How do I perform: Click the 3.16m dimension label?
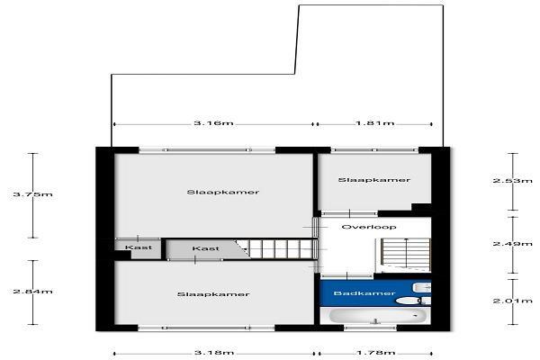click(213, 123)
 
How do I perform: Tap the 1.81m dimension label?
click(375, 123)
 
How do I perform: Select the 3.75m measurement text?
click(32, 194)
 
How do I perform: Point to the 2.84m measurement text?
click(32, 292)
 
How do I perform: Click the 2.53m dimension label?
click(512, 180)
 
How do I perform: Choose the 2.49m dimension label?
click(512, 244)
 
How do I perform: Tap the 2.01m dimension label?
click(512, 301)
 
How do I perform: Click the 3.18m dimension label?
click(214, 353)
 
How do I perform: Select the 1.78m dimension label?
click(375, 353)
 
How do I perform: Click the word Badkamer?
click(364, 293)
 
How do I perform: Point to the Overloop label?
click(369, 227)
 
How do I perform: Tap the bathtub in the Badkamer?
click(378, 316)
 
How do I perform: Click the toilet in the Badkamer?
click(412, 301)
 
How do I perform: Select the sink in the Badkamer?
click(422, 287)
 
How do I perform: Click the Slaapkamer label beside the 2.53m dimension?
click(374, 180)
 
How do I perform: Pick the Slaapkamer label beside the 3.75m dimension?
click(223, 192)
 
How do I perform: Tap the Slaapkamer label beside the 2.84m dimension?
click(213, 294)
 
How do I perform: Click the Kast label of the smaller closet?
click(139, 247)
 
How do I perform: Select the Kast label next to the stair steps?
click(205, 248)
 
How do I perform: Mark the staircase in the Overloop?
click(406, 255)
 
